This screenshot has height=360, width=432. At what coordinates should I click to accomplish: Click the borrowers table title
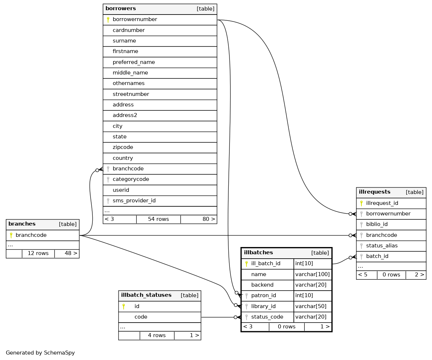(x=121, y=8)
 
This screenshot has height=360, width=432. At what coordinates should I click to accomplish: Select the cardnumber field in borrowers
(x=129, y=30)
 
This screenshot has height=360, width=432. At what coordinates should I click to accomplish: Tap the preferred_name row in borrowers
(x=134, y=62)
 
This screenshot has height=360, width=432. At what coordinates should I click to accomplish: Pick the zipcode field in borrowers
(x=123, y=147)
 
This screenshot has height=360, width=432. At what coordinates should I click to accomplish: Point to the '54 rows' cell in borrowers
(x=158, y=219)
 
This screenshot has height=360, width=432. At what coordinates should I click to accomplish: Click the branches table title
(x=22, y=224)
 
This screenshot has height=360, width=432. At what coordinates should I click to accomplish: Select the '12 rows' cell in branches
(x=38, y=253)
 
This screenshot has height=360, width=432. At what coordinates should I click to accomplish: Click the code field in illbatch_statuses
(x=141, y=317)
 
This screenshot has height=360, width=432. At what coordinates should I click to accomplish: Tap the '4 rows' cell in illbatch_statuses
(x=157, y=335)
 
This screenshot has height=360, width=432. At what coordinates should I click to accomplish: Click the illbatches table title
(x=259, y=252)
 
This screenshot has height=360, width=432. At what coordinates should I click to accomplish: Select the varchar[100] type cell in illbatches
(x=312, y=274)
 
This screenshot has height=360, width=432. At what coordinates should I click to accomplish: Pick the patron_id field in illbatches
(x=264, y=295)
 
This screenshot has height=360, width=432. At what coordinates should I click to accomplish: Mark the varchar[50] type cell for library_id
(x=311, y=306)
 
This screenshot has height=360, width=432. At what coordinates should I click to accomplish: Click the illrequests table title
(x=375, y=192)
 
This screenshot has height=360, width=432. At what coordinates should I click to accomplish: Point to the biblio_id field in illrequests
(x=377, y=224)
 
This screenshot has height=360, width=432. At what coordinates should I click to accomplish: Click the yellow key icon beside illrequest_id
(x=361, y=203)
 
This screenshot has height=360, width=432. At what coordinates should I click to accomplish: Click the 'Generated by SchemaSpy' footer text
(x=40, y=352)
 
